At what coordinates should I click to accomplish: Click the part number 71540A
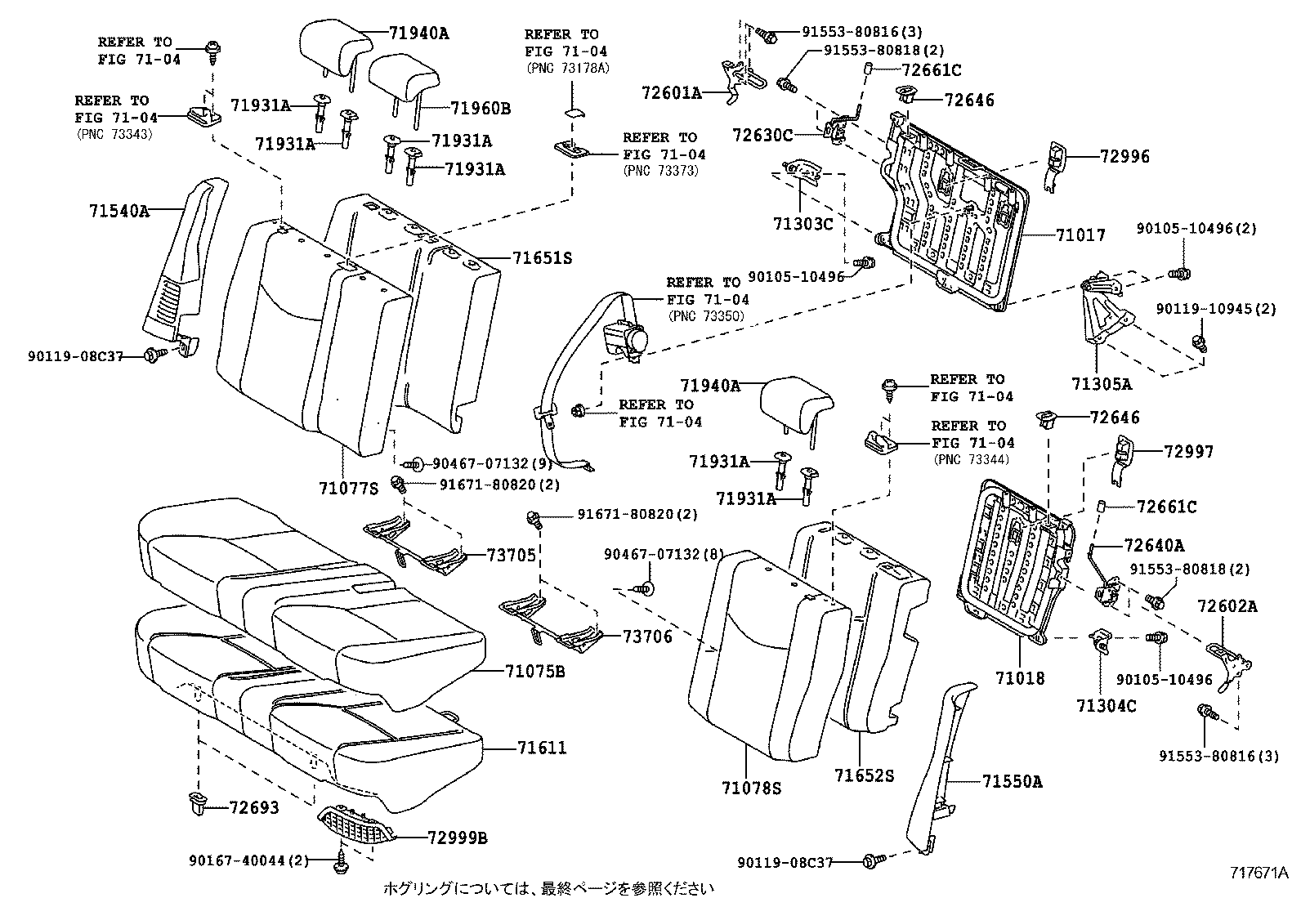(118, 211)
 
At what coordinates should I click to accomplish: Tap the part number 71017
(1080, 235)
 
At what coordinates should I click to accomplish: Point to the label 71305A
(1102, 383)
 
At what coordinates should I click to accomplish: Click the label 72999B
(457, 838)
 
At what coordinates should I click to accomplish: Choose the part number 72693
(253, 808)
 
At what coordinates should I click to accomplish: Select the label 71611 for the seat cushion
(541, 748)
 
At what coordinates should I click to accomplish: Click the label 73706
(647, 637)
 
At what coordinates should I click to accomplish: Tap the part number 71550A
(1012, 781)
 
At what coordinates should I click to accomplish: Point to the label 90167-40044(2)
(248, 860)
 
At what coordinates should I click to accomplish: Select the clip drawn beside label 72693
(196, 802)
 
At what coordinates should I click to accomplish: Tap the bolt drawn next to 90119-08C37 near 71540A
(153, 355)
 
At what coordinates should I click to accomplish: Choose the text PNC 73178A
(568, 68)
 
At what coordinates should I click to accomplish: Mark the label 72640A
(1154, 545)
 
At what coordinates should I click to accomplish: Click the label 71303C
(803, 222)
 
